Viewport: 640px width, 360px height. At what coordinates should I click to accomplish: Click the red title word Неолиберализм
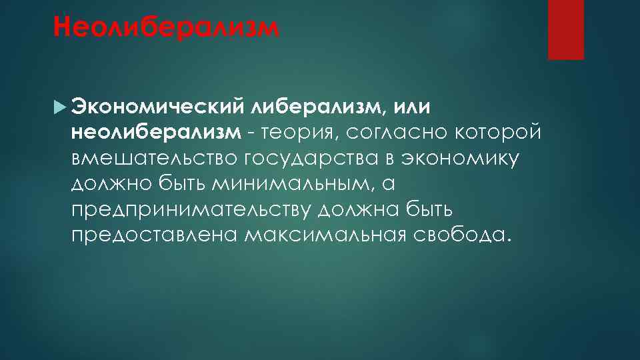[x=164, y=29]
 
